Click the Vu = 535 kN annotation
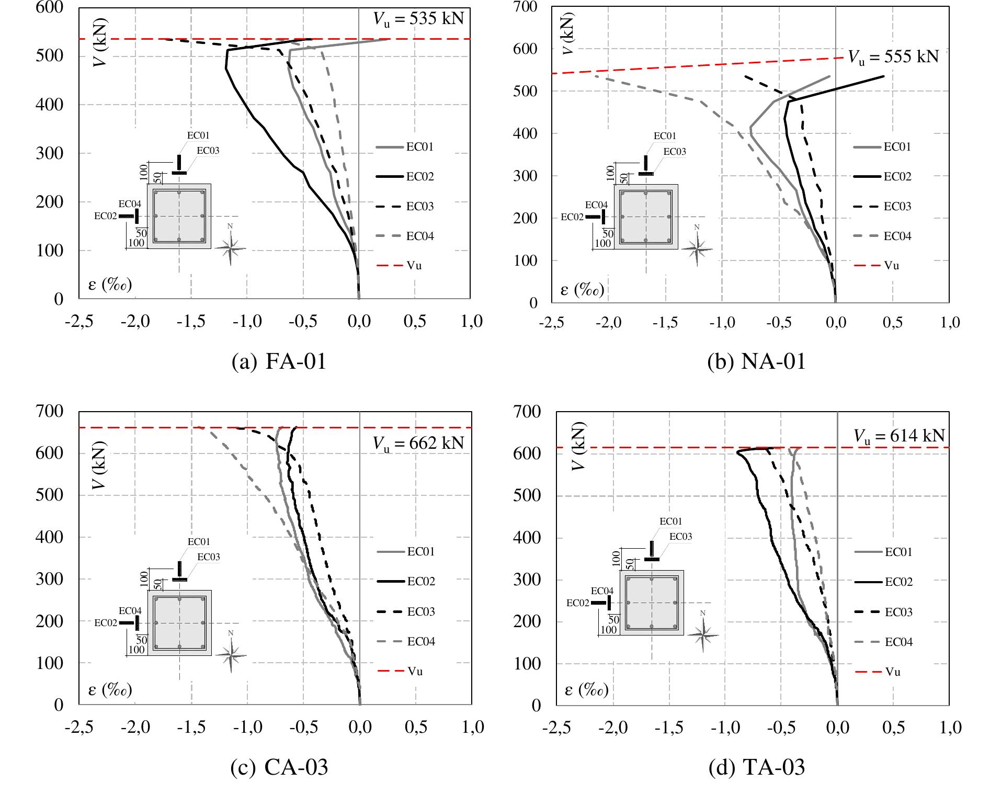(x=418, y=19)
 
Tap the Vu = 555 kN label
(x=893, y=56)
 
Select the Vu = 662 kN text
(x=418, y=444)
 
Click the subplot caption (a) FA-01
(x=279, y=361)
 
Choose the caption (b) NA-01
(x=756, y=361)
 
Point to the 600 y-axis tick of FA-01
(x=50, y=7)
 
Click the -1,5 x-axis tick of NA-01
(x=665, y=322)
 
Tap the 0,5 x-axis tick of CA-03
(x=416, y=727)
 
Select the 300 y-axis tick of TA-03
(x=528, y=580)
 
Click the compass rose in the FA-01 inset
(x=231, y=247)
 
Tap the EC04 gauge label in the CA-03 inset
(x=130, y=610)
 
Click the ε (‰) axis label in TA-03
(x=586, y=691)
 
